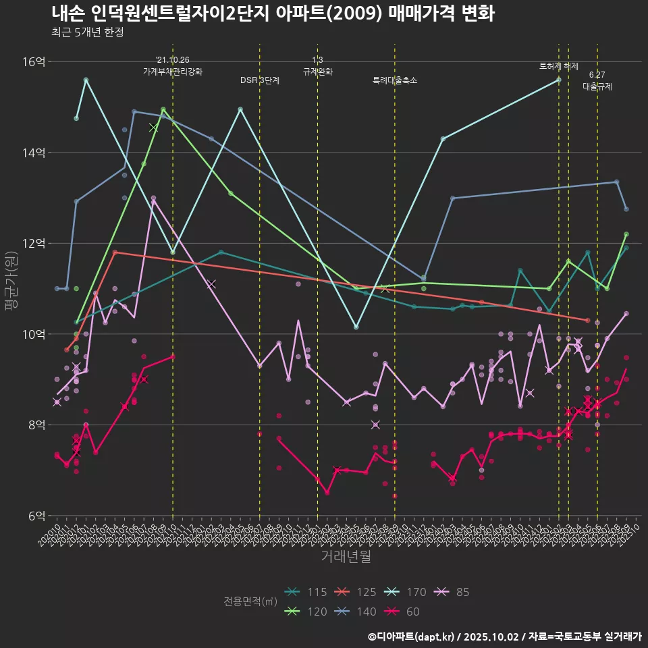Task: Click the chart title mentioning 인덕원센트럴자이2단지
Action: point(273,13)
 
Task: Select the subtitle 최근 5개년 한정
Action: point(87,32)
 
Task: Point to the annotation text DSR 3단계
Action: point(260,80)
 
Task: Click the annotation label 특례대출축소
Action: point(395,80)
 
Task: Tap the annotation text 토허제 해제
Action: point(559,66)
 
